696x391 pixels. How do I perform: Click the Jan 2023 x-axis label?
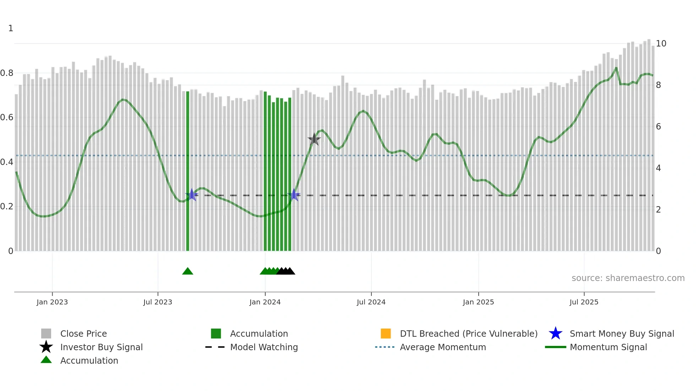52,302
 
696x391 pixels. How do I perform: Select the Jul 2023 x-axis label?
158,302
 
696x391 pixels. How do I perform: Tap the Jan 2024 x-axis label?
265,302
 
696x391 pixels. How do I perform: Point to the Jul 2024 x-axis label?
371,302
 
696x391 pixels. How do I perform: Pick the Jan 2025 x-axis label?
478,302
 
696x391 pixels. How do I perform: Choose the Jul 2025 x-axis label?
584,302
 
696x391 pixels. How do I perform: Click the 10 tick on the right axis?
661,44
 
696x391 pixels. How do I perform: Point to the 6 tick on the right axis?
658,127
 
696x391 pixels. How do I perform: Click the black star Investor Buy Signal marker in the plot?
314,139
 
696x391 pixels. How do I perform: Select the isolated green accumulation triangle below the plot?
187,271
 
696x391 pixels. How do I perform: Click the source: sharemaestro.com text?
628,278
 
